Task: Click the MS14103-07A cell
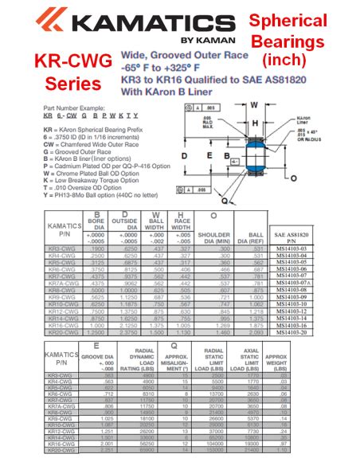coord(303,283)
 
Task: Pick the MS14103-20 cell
coord(303,331)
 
